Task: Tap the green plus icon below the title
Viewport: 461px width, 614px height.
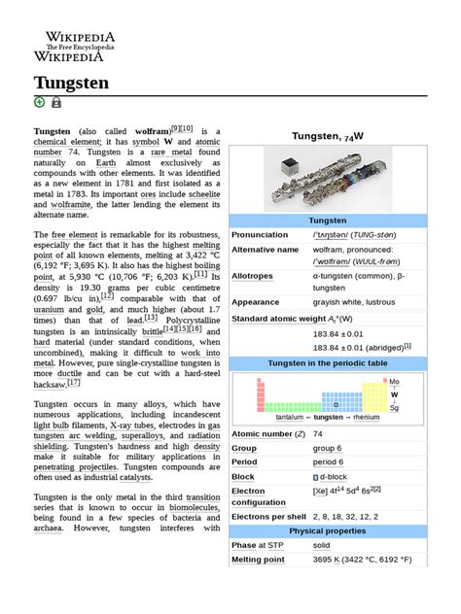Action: (x=40, y=102)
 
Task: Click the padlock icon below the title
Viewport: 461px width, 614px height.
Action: (x=56, y=102)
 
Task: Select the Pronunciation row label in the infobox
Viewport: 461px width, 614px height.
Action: (x=260, y=235)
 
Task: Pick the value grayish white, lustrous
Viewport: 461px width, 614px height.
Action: (x=352, y=302)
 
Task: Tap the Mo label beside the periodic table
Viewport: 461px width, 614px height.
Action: (x=394, y=383)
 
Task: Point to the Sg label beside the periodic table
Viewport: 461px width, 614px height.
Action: (x=394, y=408)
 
